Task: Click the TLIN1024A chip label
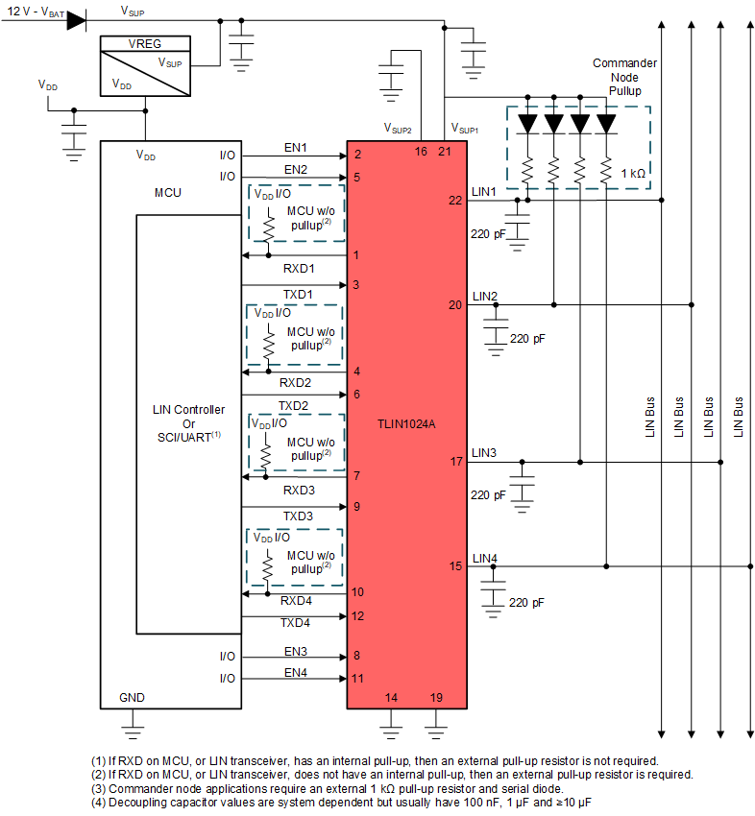point(408,422)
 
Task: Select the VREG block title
point(145,43)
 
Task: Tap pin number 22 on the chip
point(454,200)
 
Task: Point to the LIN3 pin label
point(484,452)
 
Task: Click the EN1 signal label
point(295,148)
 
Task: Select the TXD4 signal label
point(296,623)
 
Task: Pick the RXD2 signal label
point(296,382)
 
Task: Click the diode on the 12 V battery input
point(77,20)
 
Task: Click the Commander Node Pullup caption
point(624,77)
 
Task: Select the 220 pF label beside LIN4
point(525,603)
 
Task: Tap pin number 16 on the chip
point(421,152)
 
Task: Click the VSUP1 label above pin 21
point(464,128)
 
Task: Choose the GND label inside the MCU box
point(132,696)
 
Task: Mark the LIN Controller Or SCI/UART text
point(188,422)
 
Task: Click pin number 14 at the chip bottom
point(391,697)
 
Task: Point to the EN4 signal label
point(295,672)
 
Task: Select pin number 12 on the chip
point(357,616)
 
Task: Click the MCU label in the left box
point(167,193)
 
